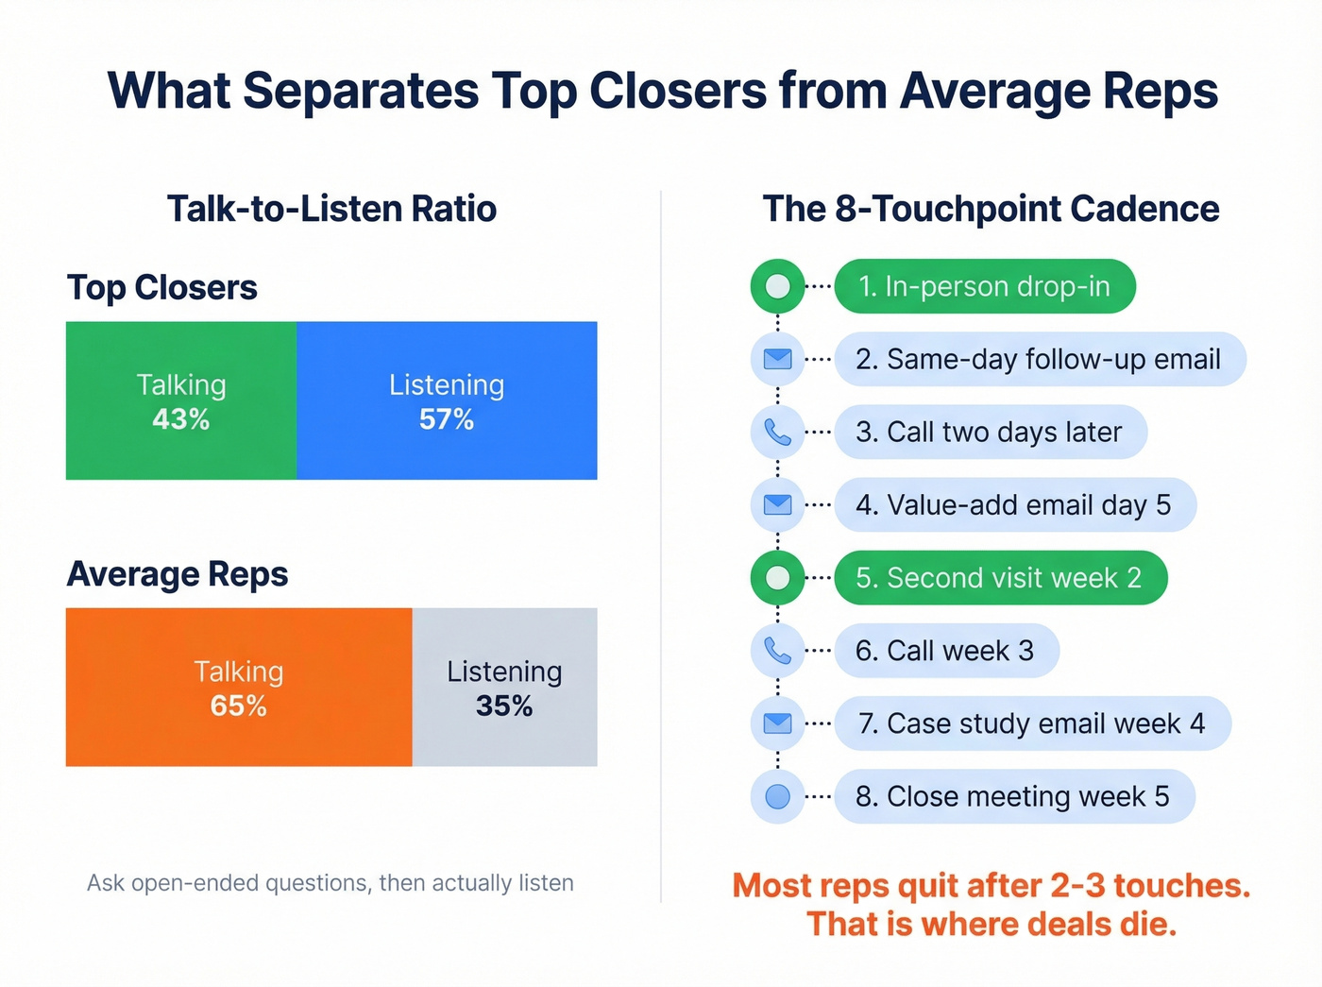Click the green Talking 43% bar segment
point(180,400)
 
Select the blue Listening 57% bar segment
point(447,400)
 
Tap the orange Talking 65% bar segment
point(239,687)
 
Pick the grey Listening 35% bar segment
point(504,687)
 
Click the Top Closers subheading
point(162,287)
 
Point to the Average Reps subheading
point(178,574)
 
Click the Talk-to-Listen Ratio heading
point(331,209)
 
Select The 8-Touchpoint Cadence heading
point(991,209)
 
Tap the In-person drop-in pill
point(984,286)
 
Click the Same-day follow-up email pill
point(1039,359)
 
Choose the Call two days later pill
point(990,432)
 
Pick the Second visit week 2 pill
point(999,577)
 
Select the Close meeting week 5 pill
point(1013,796)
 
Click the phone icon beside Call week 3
point(777,651)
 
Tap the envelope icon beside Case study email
point(777,723)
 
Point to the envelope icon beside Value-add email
point(777,504)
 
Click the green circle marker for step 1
point(777,286)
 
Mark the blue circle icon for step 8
point(777,796)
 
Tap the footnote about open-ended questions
point(330,883)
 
